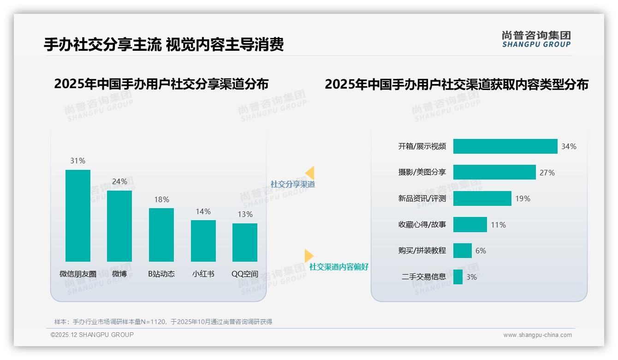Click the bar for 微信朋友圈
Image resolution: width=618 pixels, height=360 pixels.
point(78,216)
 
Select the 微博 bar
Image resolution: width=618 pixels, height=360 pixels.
point(119,226)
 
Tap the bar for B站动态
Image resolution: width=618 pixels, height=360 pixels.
point(161,235)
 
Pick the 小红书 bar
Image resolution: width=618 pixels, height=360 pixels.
point(203,241)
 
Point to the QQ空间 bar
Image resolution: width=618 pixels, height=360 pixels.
point(245,242)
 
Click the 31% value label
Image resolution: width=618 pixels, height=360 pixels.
point(78,161)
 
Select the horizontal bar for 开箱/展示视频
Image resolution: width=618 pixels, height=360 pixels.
point(505,146)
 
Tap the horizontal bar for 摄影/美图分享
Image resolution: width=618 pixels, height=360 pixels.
point(494,172)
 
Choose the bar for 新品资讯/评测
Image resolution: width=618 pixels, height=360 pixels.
point(482,198)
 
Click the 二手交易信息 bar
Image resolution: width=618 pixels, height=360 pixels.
point(458,277)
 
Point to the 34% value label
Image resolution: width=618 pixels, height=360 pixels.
point(569,146)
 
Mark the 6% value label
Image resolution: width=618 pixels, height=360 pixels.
point(481,251)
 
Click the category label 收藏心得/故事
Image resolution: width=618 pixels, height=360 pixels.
point(422,225)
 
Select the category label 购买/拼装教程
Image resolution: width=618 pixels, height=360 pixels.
point(422,251)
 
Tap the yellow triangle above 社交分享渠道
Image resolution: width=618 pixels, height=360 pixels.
point(310,173)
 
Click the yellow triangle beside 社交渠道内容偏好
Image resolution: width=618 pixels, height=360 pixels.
point(309,255)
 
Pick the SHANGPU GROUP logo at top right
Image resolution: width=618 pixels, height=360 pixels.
point(536,39)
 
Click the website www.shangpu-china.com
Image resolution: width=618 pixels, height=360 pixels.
point(537,335)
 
